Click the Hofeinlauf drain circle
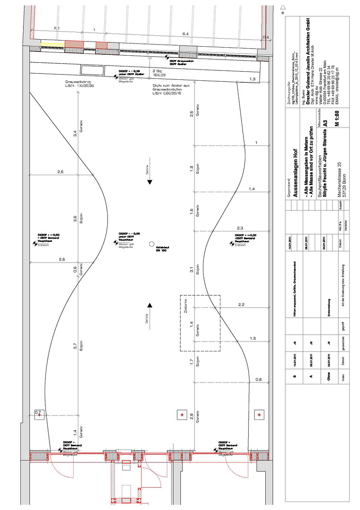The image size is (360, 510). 151,244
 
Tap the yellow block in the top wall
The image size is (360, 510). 52,44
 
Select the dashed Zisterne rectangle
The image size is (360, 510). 200,323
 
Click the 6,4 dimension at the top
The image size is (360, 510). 185,34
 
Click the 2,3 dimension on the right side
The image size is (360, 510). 240,228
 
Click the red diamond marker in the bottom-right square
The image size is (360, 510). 259,415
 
